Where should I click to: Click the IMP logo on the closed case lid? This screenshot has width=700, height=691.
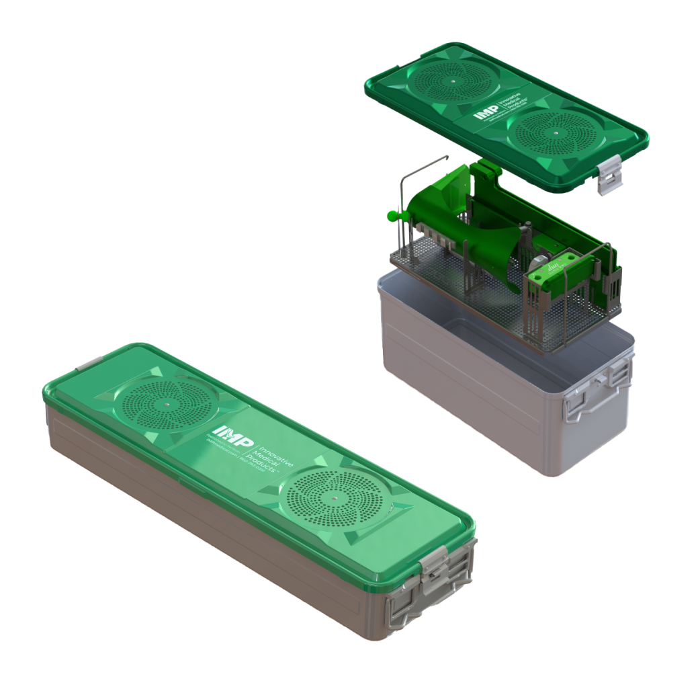[226, 431]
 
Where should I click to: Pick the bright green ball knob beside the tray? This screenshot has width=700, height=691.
[392, 216]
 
